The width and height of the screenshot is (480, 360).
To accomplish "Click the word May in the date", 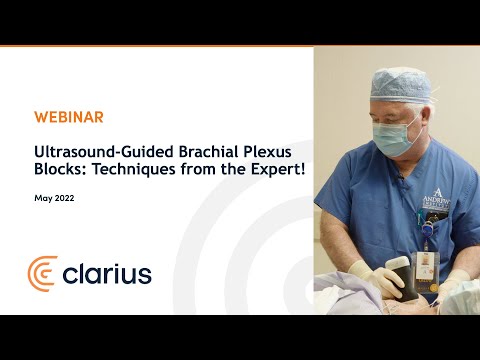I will tap(43, 199).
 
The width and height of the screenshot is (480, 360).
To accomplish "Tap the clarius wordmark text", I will tap(106, 273).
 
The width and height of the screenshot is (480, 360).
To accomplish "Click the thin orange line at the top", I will tap(240, 46).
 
